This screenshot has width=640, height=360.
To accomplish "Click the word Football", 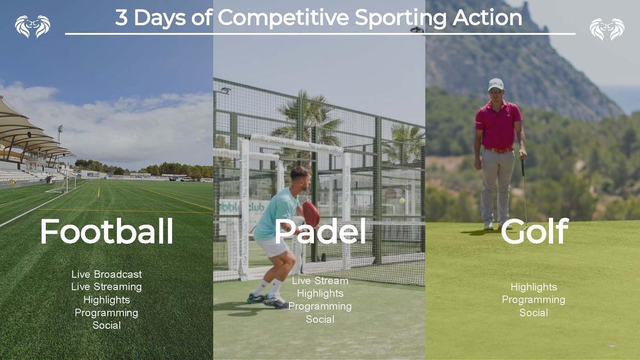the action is coord(107,231).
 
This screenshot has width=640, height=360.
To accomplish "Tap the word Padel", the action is coord(320,231).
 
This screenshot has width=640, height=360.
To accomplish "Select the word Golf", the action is coord(535,231).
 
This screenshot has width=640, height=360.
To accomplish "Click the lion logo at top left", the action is coord(33,26).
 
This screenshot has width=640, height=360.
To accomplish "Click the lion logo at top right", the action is coord(607,29).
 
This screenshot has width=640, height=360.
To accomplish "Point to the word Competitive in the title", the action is coord(283,18).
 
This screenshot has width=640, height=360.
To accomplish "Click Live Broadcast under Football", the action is coord(107,274).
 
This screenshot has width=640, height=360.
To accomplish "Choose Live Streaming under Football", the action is coord(107,287).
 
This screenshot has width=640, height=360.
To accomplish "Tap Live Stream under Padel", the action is coord(320,281).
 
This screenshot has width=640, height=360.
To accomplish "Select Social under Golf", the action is coord(534,313).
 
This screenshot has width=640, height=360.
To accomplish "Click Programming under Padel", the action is coord(320,307).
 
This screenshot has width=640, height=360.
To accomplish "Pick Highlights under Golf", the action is coord(534,287).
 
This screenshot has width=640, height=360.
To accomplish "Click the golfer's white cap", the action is coord(495,84).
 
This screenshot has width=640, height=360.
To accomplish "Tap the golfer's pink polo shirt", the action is coord(499,125).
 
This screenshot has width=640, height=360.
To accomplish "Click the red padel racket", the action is coord(311,214).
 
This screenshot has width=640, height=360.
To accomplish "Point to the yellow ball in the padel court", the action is coord(402,201).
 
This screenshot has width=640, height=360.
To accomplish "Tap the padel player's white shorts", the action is coord(274,247).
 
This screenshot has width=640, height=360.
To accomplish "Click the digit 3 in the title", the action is coord(122,18).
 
